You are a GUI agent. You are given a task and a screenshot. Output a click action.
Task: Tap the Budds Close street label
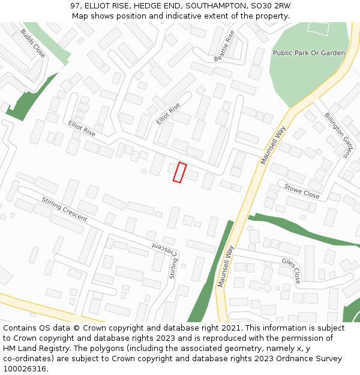coord(32,43)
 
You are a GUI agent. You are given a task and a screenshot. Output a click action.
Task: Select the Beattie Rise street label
coord(225,46)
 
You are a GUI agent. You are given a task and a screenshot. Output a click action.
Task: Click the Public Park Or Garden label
coord(309,53)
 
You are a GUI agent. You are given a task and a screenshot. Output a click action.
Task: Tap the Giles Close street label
coord(292,271)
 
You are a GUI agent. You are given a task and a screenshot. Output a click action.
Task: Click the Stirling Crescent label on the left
coord(64,209)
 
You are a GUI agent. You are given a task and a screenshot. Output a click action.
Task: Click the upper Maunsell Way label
coord(274,145)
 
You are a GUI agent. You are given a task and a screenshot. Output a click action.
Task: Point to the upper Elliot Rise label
coord(169,113)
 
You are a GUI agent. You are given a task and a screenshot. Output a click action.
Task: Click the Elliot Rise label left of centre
coord(82,128)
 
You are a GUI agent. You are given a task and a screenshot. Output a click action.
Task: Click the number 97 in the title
coord(75,5)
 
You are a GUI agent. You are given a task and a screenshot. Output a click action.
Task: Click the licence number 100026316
coord(25,369)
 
